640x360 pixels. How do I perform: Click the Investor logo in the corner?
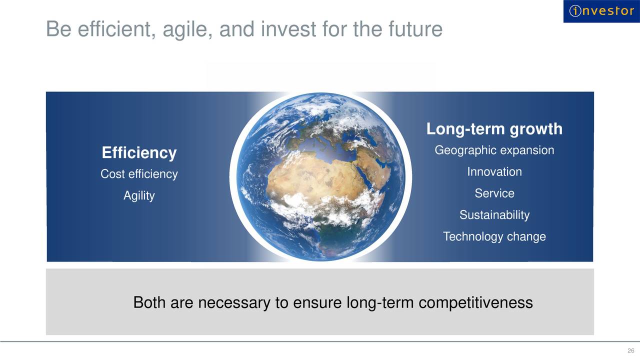click(x=601, y=11)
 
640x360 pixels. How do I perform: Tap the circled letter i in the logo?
click(x=575, y=11)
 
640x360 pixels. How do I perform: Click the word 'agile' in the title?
click(x=187, y=29)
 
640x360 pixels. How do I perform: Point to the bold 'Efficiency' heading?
click(x=139, y=152)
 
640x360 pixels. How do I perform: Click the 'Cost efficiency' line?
click(x=139, y=174)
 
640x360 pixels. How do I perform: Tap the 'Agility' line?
click(x=139, y=196)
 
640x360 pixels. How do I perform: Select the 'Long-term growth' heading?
click(x=494, y=129)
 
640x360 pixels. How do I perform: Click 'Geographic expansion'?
click(x=494, y=150)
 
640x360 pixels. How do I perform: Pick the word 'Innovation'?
click(x=494, y=171)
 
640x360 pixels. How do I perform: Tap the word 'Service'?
click(x=494, y=193)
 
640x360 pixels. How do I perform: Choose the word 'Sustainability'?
click(x=494, y=215)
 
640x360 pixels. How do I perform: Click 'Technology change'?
click(x=494, y=237)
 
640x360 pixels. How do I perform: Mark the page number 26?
click(x=631, y=350)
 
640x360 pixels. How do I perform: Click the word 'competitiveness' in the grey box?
click(x=475, y=303)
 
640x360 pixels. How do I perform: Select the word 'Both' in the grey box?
click(x=149, y=302)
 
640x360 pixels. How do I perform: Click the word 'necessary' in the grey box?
click(x=234, y=303)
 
